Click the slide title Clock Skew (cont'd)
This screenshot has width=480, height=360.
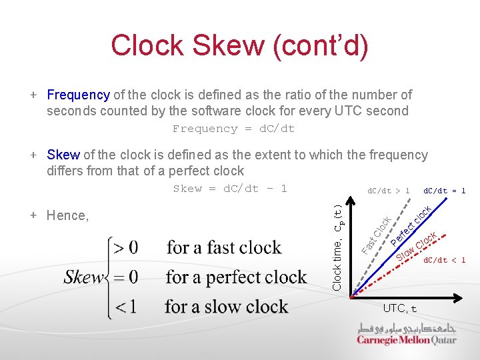pos(239,45)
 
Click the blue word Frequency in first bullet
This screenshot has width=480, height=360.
pos(78,95)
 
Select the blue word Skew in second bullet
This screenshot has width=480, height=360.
pos(63,155)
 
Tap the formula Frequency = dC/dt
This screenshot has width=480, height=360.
pos(233,129)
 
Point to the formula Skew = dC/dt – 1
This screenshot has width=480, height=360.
pos(230,189)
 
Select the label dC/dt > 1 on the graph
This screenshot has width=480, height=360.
pos(389,191)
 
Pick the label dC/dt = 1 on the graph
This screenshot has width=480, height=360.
pos(445,191)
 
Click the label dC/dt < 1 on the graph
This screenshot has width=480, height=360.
pos(445,260)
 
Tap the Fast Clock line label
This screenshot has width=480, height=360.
pos(376,234)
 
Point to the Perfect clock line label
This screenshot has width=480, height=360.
pos(412,225)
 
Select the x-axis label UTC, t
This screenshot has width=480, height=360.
pos(400,309)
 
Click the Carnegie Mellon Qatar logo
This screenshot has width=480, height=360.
pos(406,333)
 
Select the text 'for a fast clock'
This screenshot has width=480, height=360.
pos(224,248)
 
